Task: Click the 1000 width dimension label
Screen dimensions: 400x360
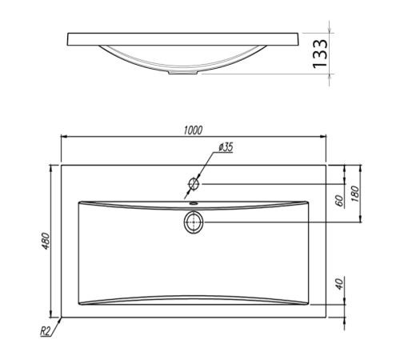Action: click(x=193, y=130)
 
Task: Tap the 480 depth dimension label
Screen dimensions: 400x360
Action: click(x=46, y=241)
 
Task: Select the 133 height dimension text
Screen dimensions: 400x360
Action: click(x=320, y=54)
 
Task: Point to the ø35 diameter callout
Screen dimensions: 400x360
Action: click(x=226, y=147)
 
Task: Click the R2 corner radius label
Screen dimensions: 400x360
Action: click(x=45, y=331)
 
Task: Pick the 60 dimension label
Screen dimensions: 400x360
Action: click(x=339, y=201)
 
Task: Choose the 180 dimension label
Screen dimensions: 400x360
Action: click(x=355, y=194)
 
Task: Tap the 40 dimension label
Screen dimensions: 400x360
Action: click(x=339, y=284)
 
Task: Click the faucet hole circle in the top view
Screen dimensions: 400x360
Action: click(x=194, y=184)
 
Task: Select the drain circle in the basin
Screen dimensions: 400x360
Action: click(x=194, y=222)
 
